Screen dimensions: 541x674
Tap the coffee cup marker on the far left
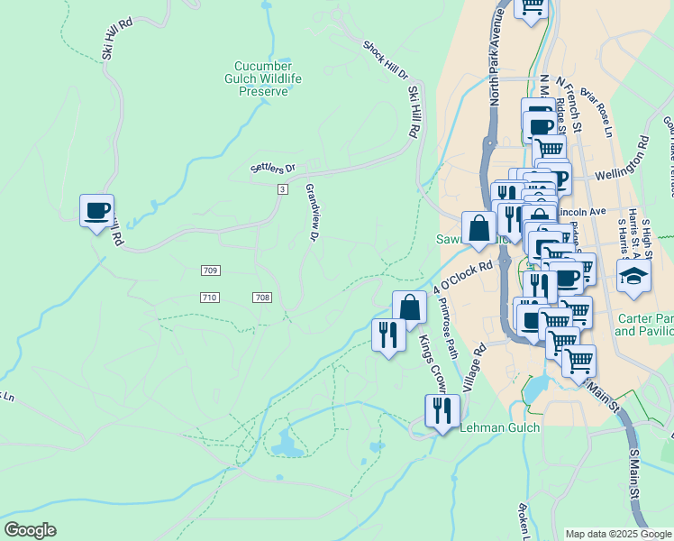click(96, 212)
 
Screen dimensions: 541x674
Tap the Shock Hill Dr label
click(385, 59)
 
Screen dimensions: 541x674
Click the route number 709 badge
click(210, 270)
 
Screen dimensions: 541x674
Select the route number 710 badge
click(210, 298)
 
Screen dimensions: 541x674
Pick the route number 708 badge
click(262, 298)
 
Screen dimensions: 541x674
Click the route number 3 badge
click(282, 188)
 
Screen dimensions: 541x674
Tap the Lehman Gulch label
click(499, 428)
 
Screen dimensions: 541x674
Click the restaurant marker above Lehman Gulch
click(442, 411)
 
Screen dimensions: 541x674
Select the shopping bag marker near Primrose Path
click(409, 307)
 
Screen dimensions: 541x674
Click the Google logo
click(30, 530)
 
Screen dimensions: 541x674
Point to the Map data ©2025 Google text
click(618, 534)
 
